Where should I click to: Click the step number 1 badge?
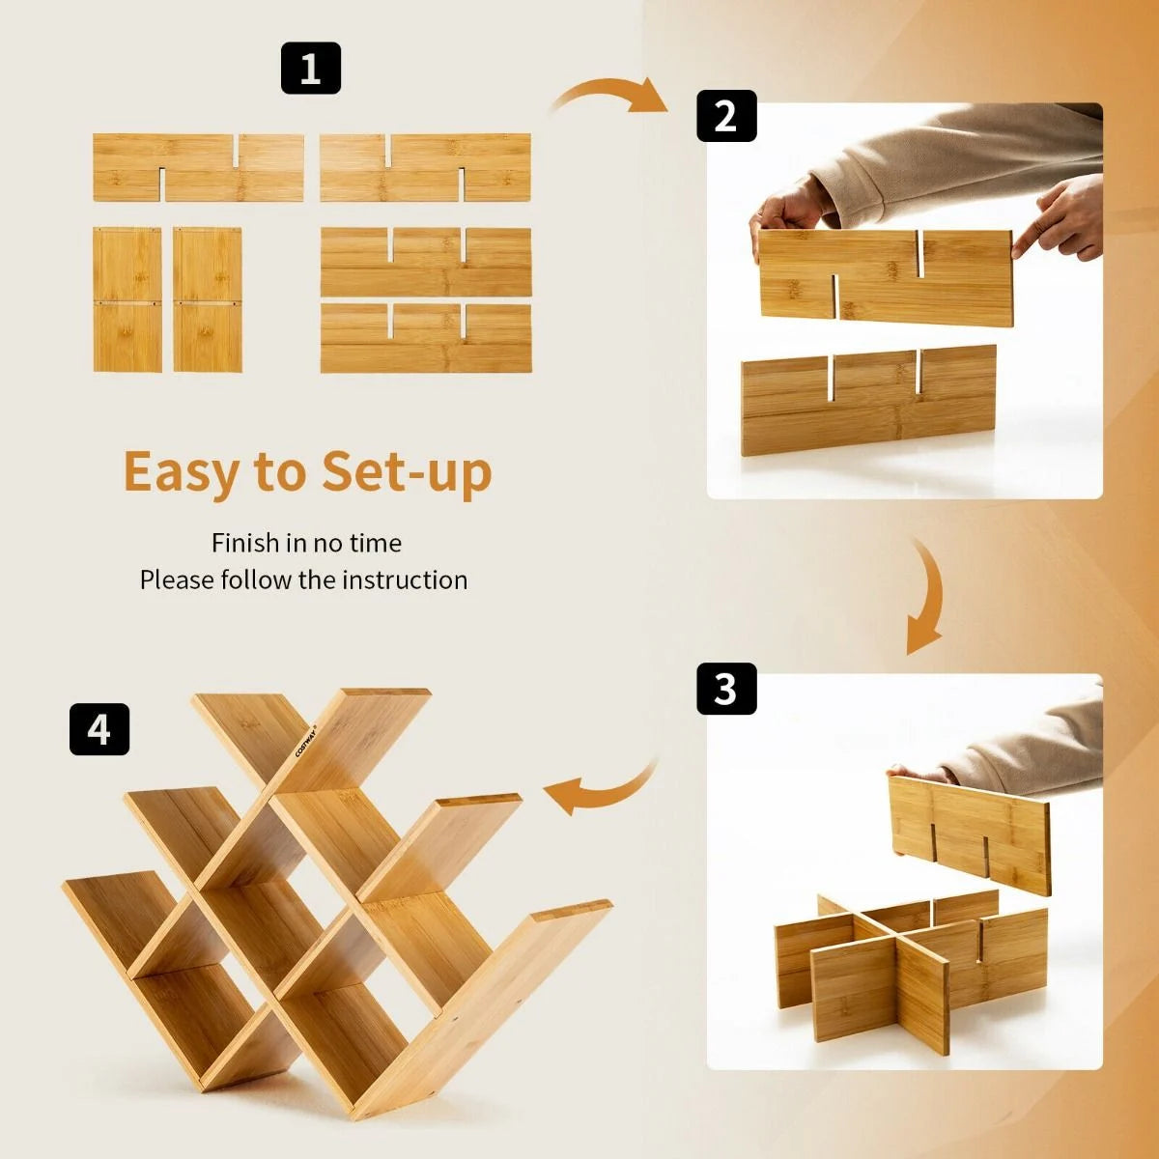(x=310, y=69)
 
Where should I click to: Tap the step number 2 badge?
(x=726, y=116)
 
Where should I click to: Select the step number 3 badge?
(x=726, y=689)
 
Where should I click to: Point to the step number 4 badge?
(x=99, y=729)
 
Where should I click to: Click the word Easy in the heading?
(x=182, y=472)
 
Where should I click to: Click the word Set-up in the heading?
(x=407, y=472)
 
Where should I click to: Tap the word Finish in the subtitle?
(x=245, y=543)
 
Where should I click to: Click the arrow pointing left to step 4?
(x=599, y=792)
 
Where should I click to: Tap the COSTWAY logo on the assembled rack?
(x=306, y=740)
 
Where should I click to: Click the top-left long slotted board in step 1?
(x=198, y=167)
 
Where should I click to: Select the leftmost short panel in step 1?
(x=127, y=299)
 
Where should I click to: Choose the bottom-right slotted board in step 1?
(x=426, y=338)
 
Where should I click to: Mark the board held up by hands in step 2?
(x=884, y=275)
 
